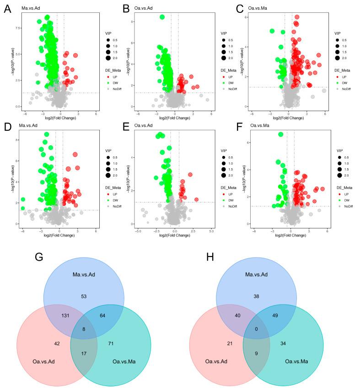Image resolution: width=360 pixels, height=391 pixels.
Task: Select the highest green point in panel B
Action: [162, 17]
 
